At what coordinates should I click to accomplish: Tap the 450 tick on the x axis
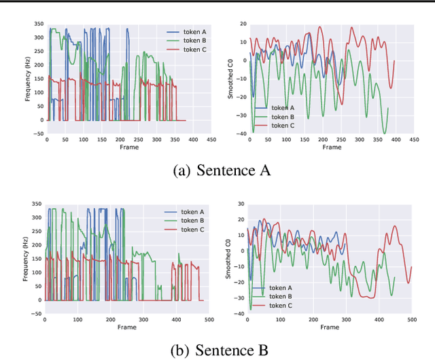point(211,139)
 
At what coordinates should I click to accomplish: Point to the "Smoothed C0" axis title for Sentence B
point(230,256)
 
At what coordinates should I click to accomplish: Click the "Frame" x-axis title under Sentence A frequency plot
point(128,147)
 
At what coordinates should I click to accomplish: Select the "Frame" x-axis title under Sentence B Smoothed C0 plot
point(330,327)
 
